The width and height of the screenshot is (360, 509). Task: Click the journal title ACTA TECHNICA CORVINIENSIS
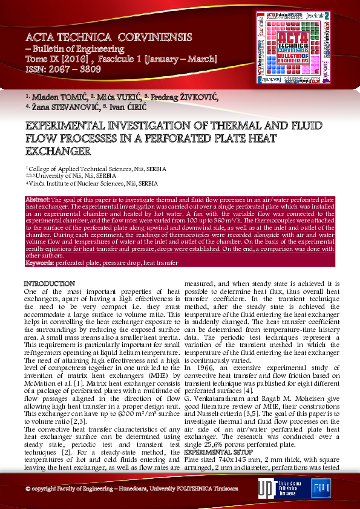(108, 37)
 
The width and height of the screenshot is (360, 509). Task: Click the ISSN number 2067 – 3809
(77, 69)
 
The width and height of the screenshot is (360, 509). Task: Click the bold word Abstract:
(38, 199)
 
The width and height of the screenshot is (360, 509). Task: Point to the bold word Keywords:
(40, 263)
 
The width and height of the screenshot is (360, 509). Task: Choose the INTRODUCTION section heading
(49, 284)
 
